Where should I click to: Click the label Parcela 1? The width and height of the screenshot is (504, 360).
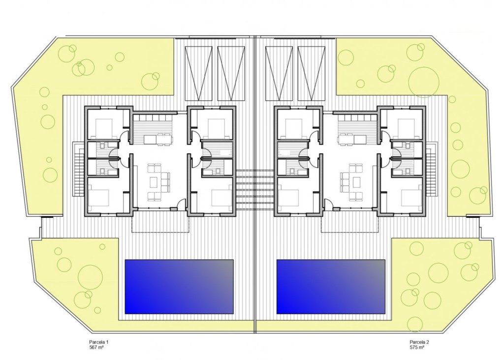point(93,342)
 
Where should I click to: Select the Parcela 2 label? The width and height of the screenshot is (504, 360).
point(419,342)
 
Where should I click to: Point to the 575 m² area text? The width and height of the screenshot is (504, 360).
point(417,347)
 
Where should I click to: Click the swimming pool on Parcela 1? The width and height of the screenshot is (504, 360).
point(179,286)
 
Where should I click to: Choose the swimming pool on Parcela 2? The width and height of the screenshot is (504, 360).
point(331,286)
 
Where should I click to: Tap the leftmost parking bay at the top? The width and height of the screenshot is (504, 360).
point(199,72)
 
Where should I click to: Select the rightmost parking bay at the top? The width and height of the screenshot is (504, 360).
point(311,72)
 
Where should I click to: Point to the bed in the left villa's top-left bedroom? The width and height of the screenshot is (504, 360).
point(105,128)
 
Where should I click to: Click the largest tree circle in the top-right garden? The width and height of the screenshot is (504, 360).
point(424,81)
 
